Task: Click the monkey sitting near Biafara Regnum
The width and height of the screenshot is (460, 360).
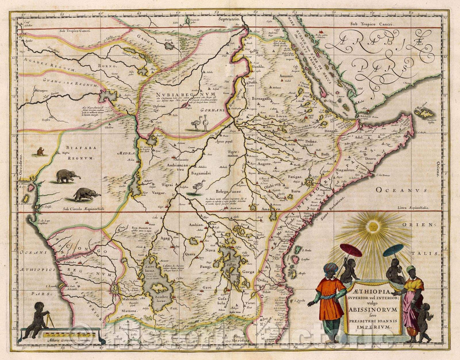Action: [40, 151]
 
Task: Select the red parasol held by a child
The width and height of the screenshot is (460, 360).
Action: [351, 251]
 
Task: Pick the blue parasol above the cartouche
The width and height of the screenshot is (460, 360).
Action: [393, 250]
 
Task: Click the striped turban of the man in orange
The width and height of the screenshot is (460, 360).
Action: [330, 268]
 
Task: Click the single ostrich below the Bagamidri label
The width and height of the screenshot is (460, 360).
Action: [198, 187]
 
